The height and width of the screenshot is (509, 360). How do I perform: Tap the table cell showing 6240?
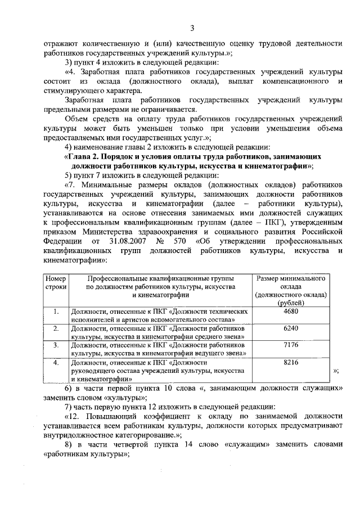tap(290, 328)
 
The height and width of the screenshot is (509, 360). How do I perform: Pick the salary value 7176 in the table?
tap(290, 345)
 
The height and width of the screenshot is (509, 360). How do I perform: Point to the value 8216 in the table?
tap(290, 362)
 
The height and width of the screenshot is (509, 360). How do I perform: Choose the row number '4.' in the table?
tap(56, 362)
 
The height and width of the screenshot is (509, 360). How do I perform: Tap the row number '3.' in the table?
tap(56, 345)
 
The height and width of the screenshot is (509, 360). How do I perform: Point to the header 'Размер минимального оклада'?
tap(290, 282)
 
